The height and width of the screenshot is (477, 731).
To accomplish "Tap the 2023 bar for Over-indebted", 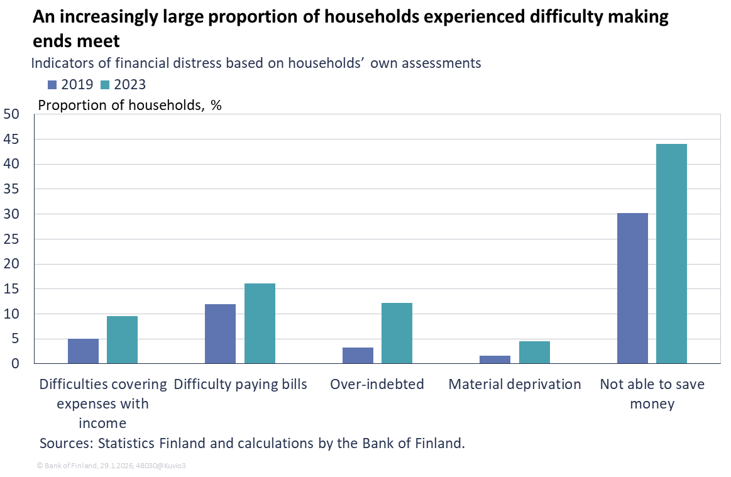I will pos(397,333).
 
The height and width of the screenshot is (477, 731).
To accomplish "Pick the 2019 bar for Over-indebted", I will pos(358,355).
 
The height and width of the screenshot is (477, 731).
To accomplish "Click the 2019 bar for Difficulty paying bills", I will pos(221,334).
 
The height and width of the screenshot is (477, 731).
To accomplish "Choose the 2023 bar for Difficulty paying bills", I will pos(260,323).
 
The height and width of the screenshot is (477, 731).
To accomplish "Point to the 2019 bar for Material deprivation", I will pos(495,359).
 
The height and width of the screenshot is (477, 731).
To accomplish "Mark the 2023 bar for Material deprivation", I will pos(534,352).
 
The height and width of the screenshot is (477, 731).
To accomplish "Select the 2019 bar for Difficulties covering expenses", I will pos(83,351).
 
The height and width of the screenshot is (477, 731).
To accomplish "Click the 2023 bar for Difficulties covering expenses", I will pos(122,339).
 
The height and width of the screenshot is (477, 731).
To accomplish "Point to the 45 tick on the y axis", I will pos(11,139).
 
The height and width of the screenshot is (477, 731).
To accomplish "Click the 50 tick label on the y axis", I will pos(11,114).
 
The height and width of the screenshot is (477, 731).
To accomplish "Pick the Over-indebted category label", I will pos(377,384).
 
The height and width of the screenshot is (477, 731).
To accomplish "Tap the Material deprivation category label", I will pos(514,384).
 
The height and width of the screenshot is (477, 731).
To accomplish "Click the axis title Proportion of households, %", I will pos(130,105).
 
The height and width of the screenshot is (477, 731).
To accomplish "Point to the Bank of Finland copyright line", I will pos(111,466).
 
